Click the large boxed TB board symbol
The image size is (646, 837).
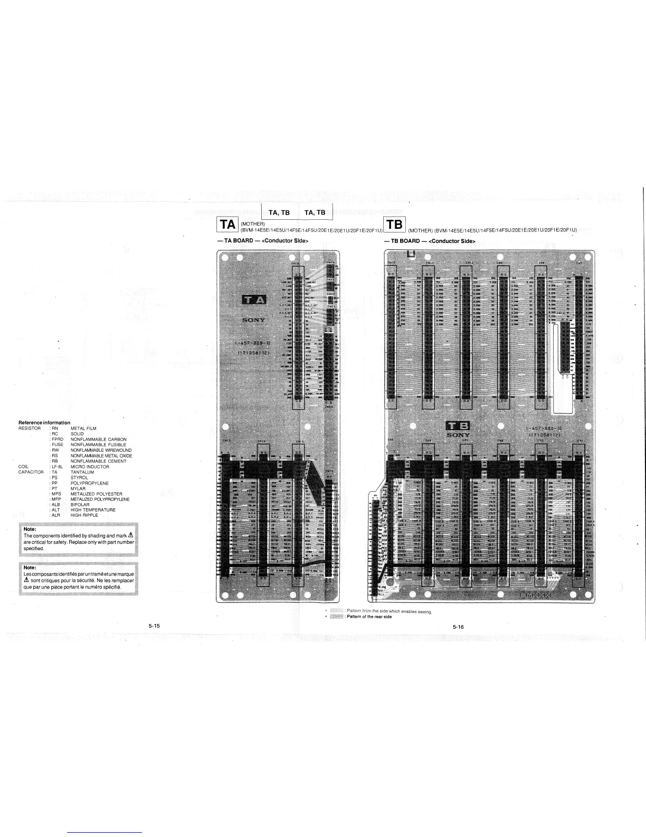click(395, 225)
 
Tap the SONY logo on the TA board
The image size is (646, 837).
click(253, 320)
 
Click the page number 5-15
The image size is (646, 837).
click(154, 626)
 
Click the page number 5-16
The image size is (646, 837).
click(458, 627)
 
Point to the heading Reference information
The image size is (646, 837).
click(44, 423)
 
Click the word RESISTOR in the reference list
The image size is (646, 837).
click(30, 429)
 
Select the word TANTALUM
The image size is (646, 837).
click(82, 472)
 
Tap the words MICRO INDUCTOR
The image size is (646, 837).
click(90, 467)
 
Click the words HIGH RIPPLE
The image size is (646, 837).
click(84, 515)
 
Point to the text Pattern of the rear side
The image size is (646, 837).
click(369, 617)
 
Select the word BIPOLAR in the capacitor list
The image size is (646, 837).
click(80, 505)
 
